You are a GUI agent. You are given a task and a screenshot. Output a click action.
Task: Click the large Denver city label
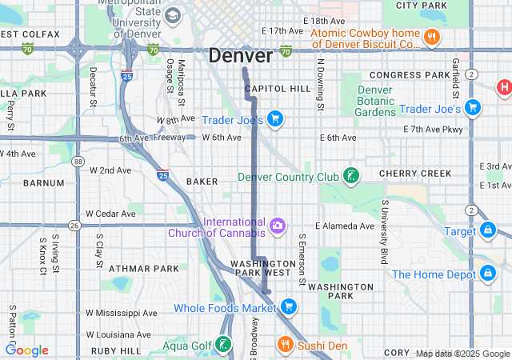241,56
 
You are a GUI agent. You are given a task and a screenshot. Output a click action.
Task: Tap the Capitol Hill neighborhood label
277,88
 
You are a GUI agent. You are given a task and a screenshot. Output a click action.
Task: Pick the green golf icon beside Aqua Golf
224,346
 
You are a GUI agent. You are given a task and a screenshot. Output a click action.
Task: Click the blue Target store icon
487,231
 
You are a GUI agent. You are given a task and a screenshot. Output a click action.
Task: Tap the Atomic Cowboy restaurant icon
431,37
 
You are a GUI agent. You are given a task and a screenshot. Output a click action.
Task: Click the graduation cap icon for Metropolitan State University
173,15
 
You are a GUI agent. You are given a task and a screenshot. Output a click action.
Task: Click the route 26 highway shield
74,226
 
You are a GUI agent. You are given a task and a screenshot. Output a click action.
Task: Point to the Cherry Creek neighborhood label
415,174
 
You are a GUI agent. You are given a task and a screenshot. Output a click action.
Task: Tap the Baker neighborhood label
202,182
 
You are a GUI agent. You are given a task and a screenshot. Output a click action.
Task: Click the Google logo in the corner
27,350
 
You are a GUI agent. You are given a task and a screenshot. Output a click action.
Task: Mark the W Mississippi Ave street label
122,313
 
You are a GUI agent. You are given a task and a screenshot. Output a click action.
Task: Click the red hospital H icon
504,86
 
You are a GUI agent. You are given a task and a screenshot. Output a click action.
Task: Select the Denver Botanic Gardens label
375,101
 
